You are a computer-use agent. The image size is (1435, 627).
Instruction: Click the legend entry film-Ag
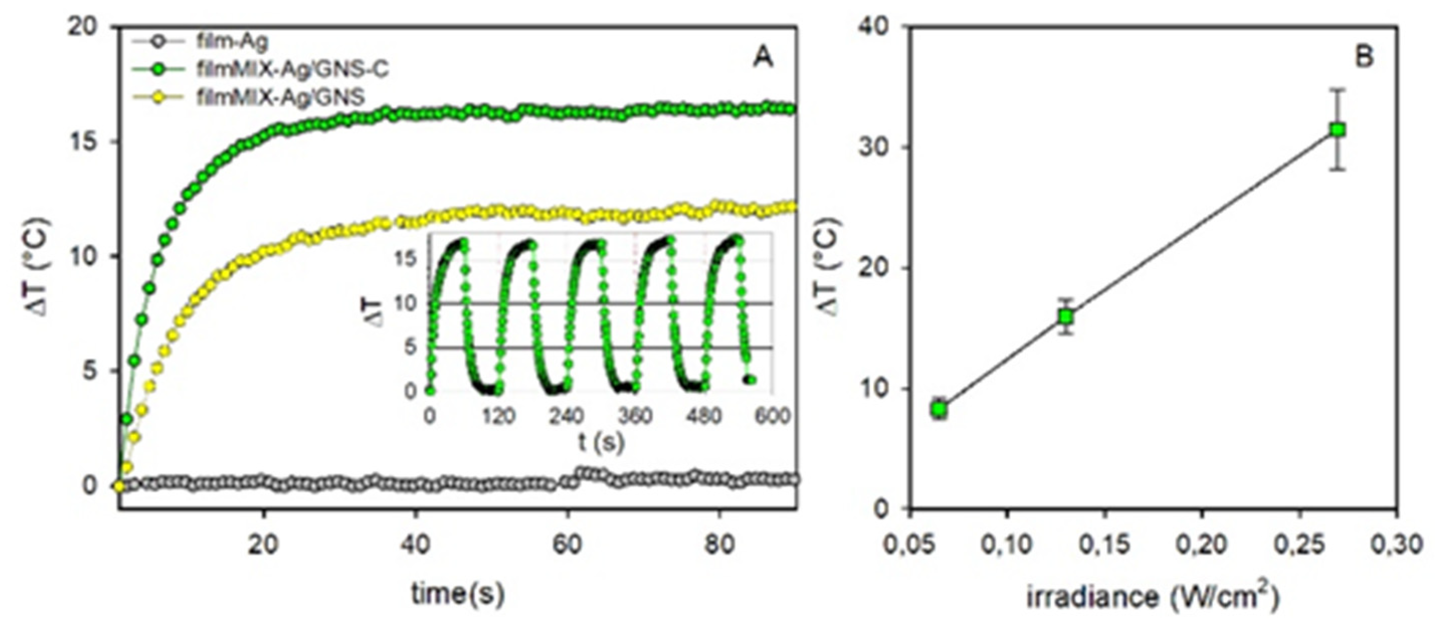232,42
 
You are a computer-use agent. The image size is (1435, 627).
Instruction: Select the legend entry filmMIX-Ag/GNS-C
292,70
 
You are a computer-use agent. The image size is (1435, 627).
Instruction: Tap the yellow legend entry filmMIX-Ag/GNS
280,97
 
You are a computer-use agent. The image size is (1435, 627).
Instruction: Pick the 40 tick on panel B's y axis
877,27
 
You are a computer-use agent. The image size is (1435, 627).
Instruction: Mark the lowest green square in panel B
939,410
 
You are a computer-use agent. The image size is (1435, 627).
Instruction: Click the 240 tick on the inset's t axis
567,416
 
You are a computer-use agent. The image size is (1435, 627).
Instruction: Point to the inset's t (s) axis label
601,443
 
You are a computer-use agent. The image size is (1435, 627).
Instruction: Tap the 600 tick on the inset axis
772,416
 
